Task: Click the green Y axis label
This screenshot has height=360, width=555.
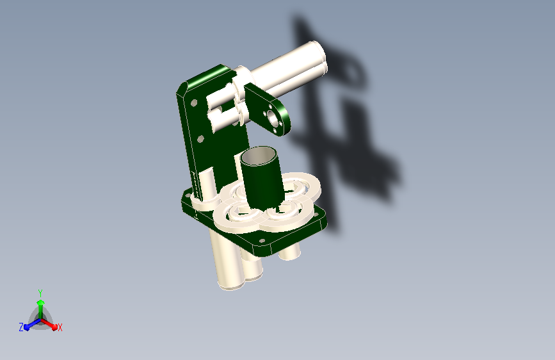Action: (40, 293)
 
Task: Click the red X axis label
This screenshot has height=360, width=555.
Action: (60, 328)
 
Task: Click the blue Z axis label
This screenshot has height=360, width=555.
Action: (21, 327)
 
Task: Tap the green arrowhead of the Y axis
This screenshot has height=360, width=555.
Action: (41, 302)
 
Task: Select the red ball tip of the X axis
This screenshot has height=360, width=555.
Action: (54, 327)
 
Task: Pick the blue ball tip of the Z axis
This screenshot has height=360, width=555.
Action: (27, 328)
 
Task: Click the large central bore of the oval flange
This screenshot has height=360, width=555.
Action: (273, 118)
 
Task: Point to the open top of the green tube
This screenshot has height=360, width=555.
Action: (258, 156)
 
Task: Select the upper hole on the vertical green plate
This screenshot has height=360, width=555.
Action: (193, 103)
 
